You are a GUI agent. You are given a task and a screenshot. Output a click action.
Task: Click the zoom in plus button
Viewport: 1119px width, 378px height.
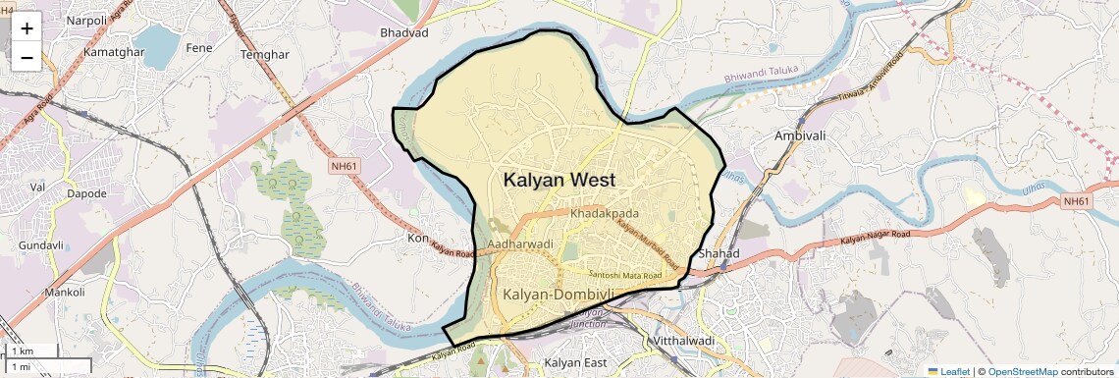click(27, 27)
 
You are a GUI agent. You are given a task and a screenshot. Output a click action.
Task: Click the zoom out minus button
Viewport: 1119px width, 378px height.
click(27, 57)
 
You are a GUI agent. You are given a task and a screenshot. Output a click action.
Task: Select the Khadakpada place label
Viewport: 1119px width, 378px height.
click(605, 213)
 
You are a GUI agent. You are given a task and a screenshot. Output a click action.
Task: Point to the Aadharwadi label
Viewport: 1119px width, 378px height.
click(520, 243)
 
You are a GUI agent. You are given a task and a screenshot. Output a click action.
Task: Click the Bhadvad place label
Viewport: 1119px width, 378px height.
click(404, 32)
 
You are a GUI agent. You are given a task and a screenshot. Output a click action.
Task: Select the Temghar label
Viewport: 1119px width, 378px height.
click(263, 55)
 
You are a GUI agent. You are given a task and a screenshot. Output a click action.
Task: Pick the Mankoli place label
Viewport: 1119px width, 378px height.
click(65, 292)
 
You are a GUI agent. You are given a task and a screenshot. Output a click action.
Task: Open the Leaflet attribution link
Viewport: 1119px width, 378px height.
click(955, 371)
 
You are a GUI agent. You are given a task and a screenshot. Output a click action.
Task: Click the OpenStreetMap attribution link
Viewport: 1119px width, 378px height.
click(1022, 371)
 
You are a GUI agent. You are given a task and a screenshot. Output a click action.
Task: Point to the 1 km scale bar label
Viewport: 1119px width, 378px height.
click(23, 351)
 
